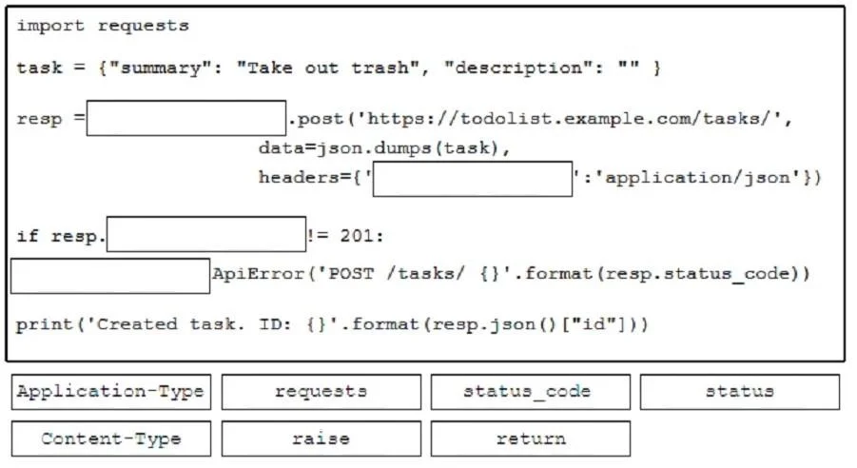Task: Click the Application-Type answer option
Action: click(x=111, y=392)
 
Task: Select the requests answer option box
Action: click(x=321, y=392)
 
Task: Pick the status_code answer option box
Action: click(x=531, y=392)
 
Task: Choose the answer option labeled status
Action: click(x=740, y=392)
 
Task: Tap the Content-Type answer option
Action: click(x=111, y=439)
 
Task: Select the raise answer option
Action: click(x=321, y=439)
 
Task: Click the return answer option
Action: click(x=531, y=439)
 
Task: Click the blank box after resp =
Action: click(x=186, y=118)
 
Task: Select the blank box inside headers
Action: click(x=473, y=179)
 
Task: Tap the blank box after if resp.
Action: click(x=206, y=234)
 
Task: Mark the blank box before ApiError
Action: click(x=110, y=276)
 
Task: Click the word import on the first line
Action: click(x=50, y=26)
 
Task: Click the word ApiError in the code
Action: click(x=258, y=273)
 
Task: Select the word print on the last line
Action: click(x=45, y=324)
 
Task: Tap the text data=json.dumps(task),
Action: click(x=384, y=147)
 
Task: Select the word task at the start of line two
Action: click(x=39, y=68)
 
